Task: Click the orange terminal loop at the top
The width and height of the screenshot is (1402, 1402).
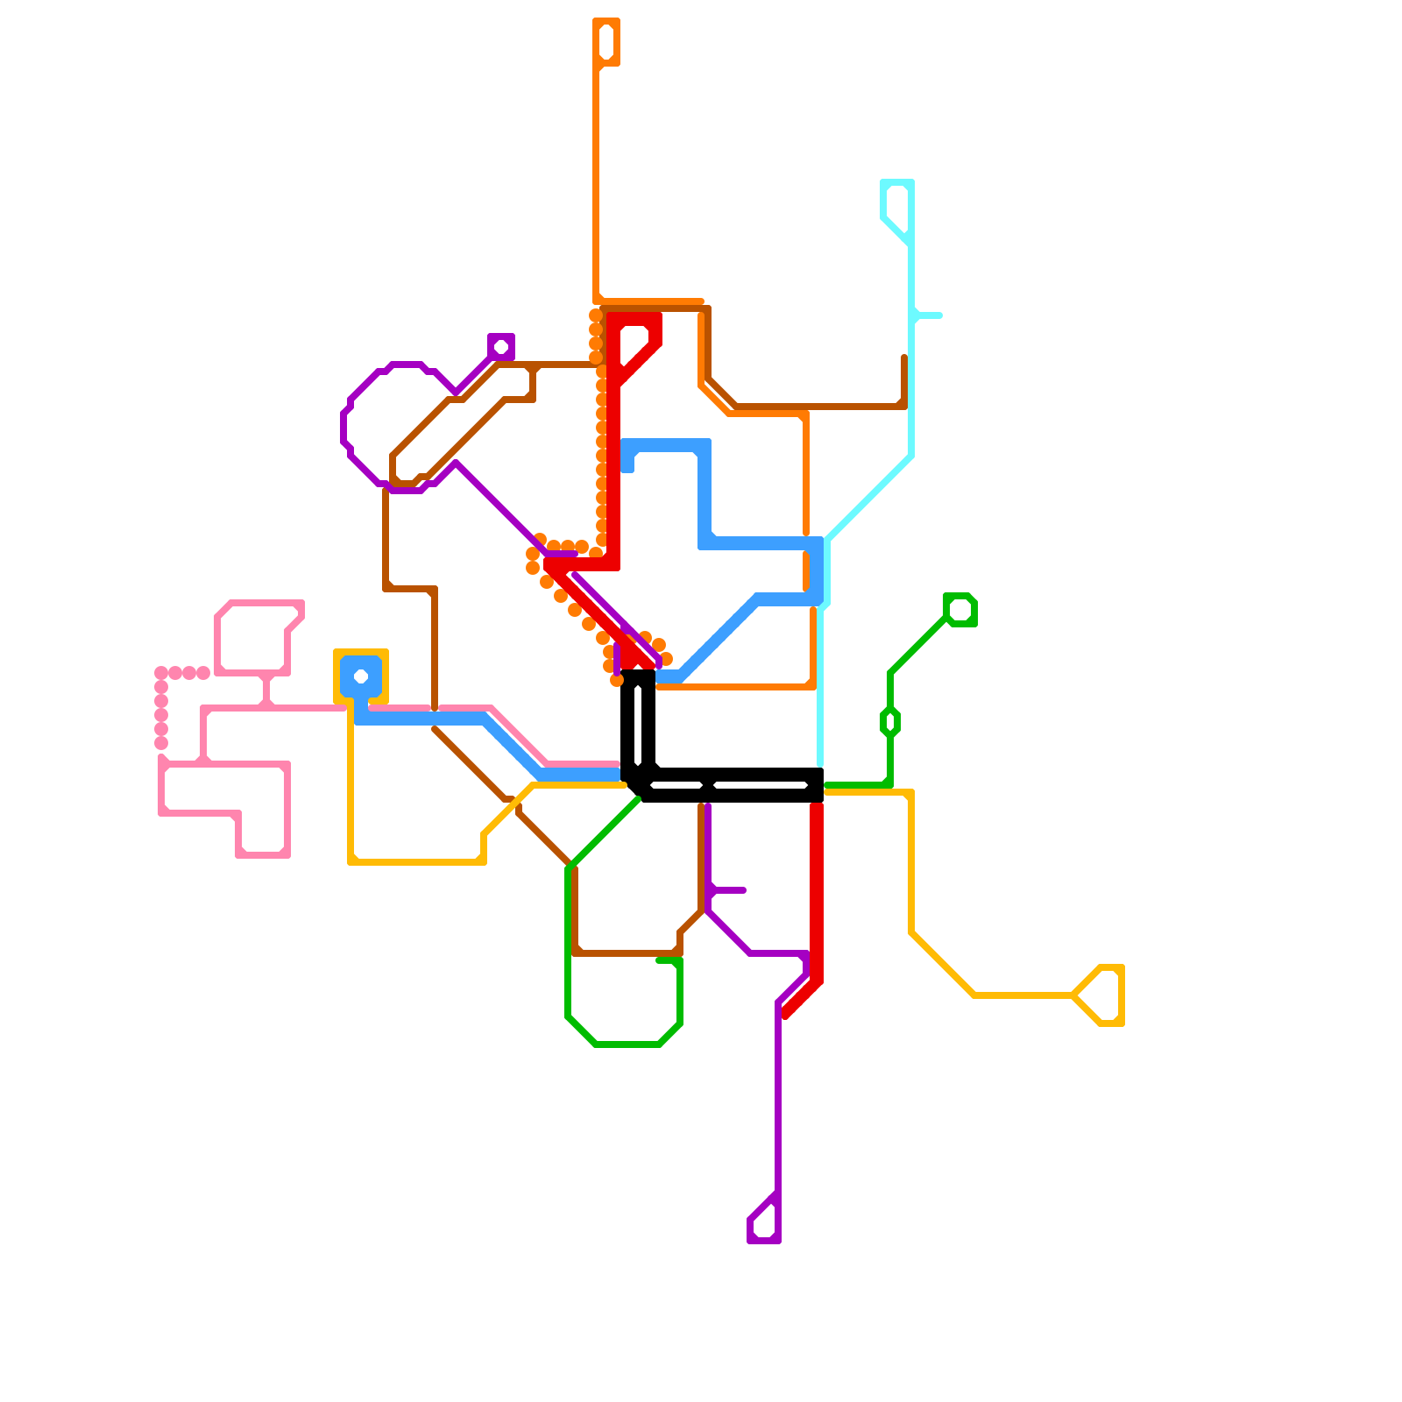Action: pyautogui.click(x=606, y=41)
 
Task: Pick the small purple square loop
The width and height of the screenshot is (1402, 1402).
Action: pyautogui.click(x=501, y=347)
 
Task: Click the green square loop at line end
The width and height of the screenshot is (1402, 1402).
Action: pyautogui.click(x=960, y=610)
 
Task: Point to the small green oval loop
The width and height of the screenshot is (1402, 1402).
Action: pyautogui.click(x=890, y=722)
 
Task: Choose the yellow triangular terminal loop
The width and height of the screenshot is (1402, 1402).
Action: pyautogui.click(x=1104, y=995)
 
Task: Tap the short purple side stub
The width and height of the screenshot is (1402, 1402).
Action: pyautogui.click(x=729, y=890)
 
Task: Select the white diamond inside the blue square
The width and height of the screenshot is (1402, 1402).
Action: pyautogui.click(x=361, y=676)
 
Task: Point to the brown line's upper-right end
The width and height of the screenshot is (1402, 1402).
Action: pyautogui.click(x=904, y=359)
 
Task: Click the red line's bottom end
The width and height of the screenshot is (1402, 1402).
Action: pyautogui.click(x=787, y=1015)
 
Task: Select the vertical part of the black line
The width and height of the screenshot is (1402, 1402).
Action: pyautogui.click(x=638, y=723)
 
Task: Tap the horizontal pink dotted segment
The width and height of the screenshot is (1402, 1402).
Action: pyautogui.click(x=182, y=673)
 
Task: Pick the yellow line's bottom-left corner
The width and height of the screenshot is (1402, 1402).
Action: pyautogui.click(x=352, y=861)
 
